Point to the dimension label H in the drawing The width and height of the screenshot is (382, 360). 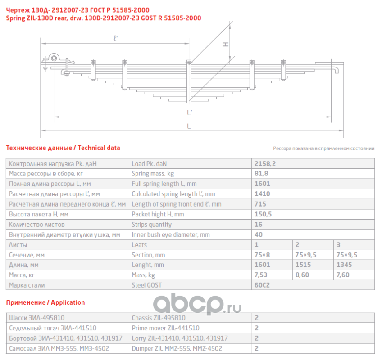click(226, 44)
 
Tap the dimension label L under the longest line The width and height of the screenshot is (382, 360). click(189, 126)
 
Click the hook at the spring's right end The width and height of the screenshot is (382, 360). click(336, 70)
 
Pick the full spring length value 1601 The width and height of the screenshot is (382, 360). click(262, 184)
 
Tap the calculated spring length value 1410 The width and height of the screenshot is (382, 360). click(262, 194)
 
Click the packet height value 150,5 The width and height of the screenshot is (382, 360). click(263, 214)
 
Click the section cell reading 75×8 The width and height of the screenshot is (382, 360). click(263, 255)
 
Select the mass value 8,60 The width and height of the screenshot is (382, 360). click(302, 275)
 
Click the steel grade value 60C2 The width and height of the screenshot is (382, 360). click(262, 285)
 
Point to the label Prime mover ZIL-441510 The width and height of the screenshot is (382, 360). click(165, 328)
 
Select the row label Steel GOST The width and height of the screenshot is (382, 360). click(146, 285)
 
